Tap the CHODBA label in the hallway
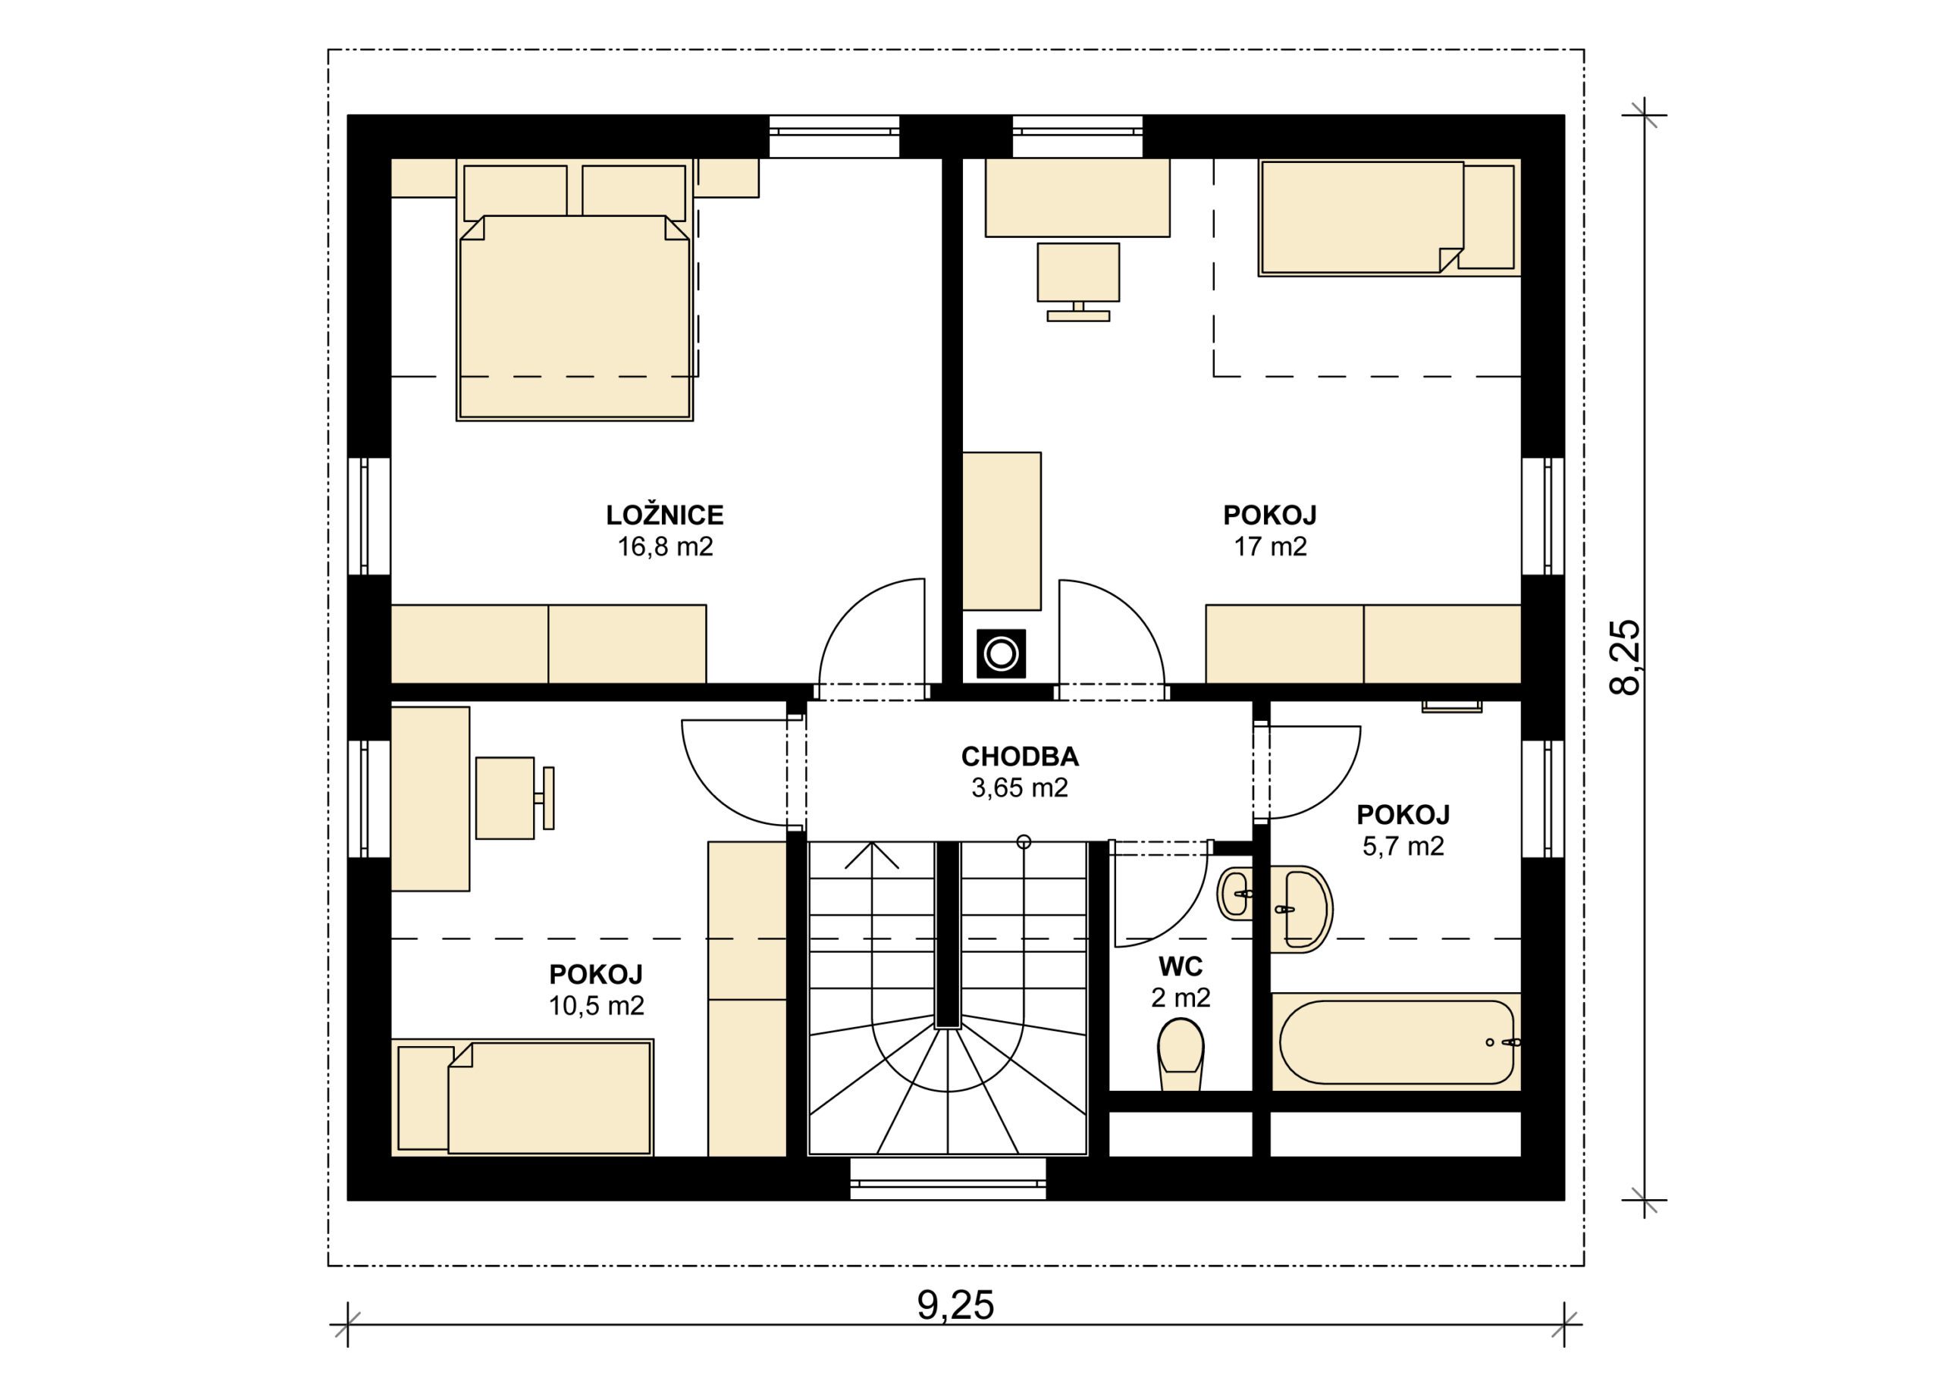(x=1019, y=756)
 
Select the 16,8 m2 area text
(x=665, y=547)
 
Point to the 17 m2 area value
(x=1270, y=547)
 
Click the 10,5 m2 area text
(x=596, y=1005)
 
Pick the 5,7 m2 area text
(x=1403, y=846)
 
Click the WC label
(x=1181, y=966)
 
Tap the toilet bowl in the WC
(x=1181, y=1053)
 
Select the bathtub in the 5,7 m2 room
(x=1396, y=1042)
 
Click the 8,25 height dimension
(x=1624, y=657)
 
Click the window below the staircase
(x=948, y=1179)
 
